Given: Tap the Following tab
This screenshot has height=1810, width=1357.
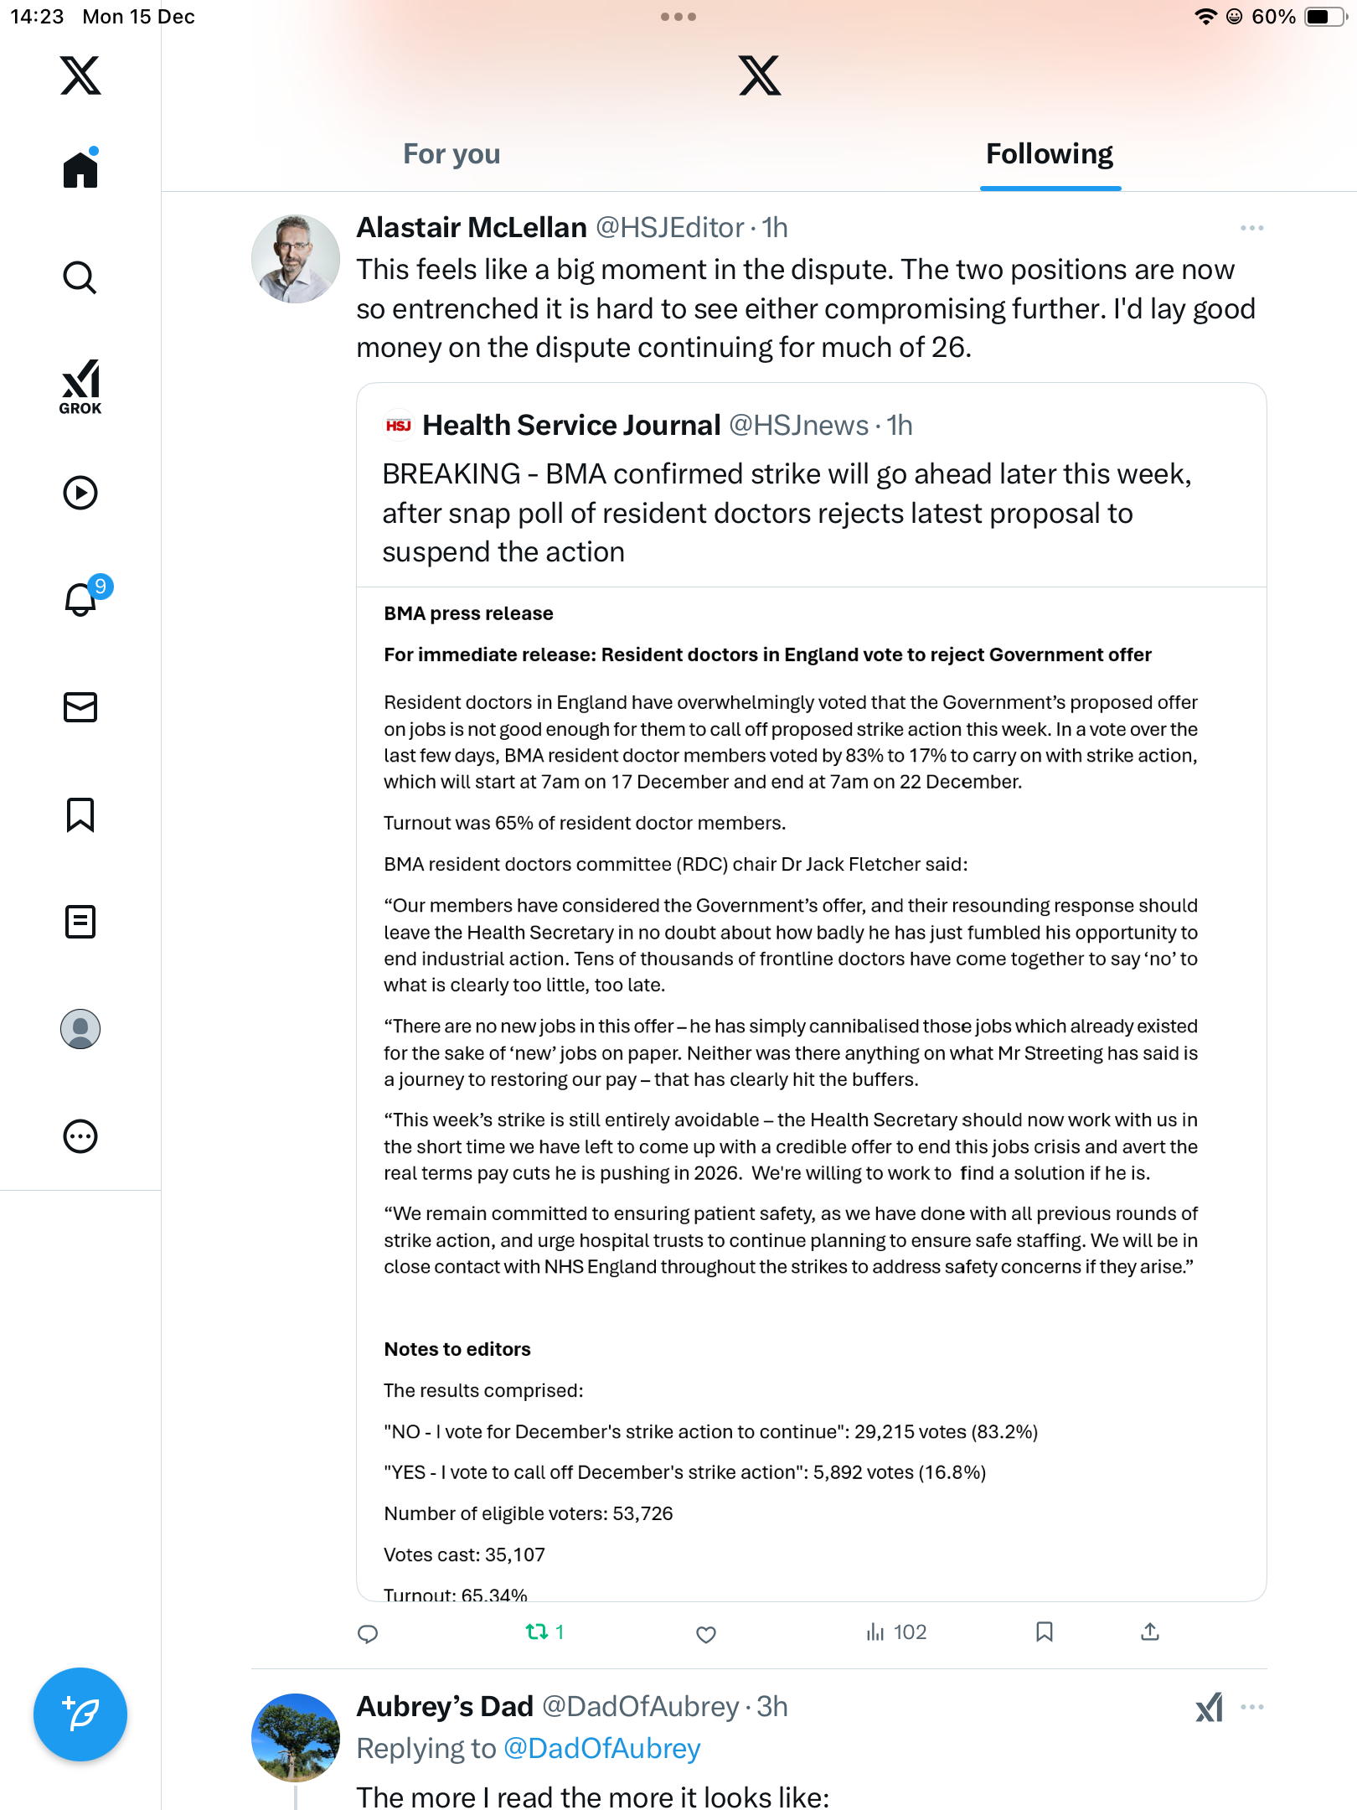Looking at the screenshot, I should (1049, 154).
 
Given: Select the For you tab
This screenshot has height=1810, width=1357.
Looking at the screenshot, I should (451, 154).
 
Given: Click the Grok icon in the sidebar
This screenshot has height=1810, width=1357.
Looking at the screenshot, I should (80, 386).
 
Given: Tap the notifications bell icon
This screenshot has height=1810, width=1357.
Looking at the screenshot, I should (81, 600).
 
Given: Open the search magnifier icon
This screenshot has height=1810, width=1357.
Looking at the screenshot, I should (80, 277).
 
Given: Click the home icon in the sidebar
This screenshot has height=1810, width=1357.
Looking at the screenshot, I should (80, 170).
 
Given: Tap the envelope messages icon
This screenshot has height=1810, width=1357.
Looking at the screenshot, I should (80, 707).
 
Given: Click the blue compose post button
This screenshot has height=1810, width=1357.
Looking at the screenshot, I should (80, 1714).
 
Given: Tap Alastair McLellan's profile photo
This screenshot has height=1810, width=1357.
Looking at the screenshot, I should (295, 258).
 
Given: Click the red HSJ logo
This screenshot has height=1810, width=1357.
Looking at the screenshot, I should (399, 426).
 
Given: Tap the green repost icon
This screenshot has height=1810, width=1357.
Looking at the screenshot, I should (537, 1632).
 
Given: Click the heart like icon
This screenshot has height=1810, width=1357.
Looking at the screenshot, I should (706, 1634).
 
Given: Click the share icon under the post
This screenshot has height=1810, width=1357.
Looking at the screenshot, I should (1150, 1632).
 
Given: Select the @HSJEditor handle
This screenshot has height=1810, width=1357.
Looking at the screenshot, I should (669, 228).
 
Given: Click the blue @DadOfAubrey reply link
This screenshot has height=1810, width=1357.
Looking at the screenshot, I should (601, 1749).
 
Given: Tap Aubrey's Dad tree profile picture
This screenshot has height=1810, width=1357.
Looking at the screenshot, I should (295, 1737).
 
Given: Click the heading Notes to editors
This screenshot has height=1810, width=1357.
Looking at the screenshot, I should (457, 1349).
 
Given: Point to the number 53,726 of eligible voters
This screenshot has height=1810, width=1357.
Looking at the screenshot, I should (642, 1513).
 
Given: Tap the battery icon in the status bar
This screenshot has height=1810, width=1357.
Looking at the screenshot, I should (1325, 17).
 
